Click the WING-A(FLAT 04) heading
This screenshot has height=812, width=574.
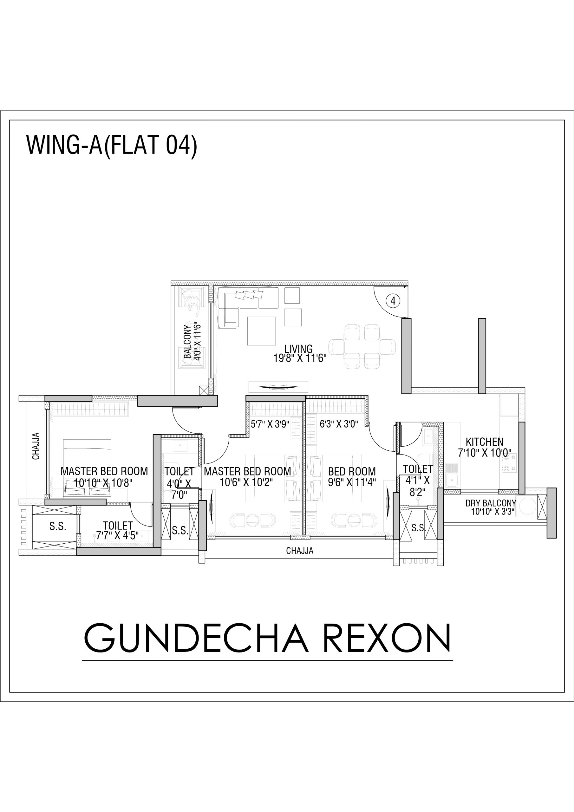(111, 145)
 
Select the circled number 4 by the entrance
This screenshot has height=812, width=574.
(393, 301)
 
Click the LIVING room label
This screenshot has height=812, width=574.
(298, 349)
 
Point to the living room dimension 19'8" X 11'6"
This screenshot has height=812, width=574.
(300, 358)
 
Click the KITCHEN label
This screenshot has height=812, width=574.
(484, 442)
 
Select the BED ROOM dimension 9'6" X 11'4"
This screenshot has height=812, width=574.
(352, 482)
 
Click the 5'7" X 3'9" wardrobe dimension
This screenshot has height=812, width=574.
(270, 424)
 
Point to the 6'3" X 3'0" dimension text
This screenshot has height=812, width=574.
(338, 424)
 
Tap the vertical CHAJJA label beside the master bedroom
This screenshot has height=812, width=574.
(36, 446)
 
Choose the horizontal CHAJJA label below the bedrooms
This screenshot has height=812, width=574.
(300, 551)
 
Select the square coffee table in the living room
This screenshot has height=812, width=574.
(261, 331)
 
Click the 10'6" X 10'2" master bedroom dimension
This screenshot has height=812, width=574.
(246, 482)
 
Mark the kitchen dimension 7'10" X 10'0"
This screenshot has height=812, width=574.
(485, 453)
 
